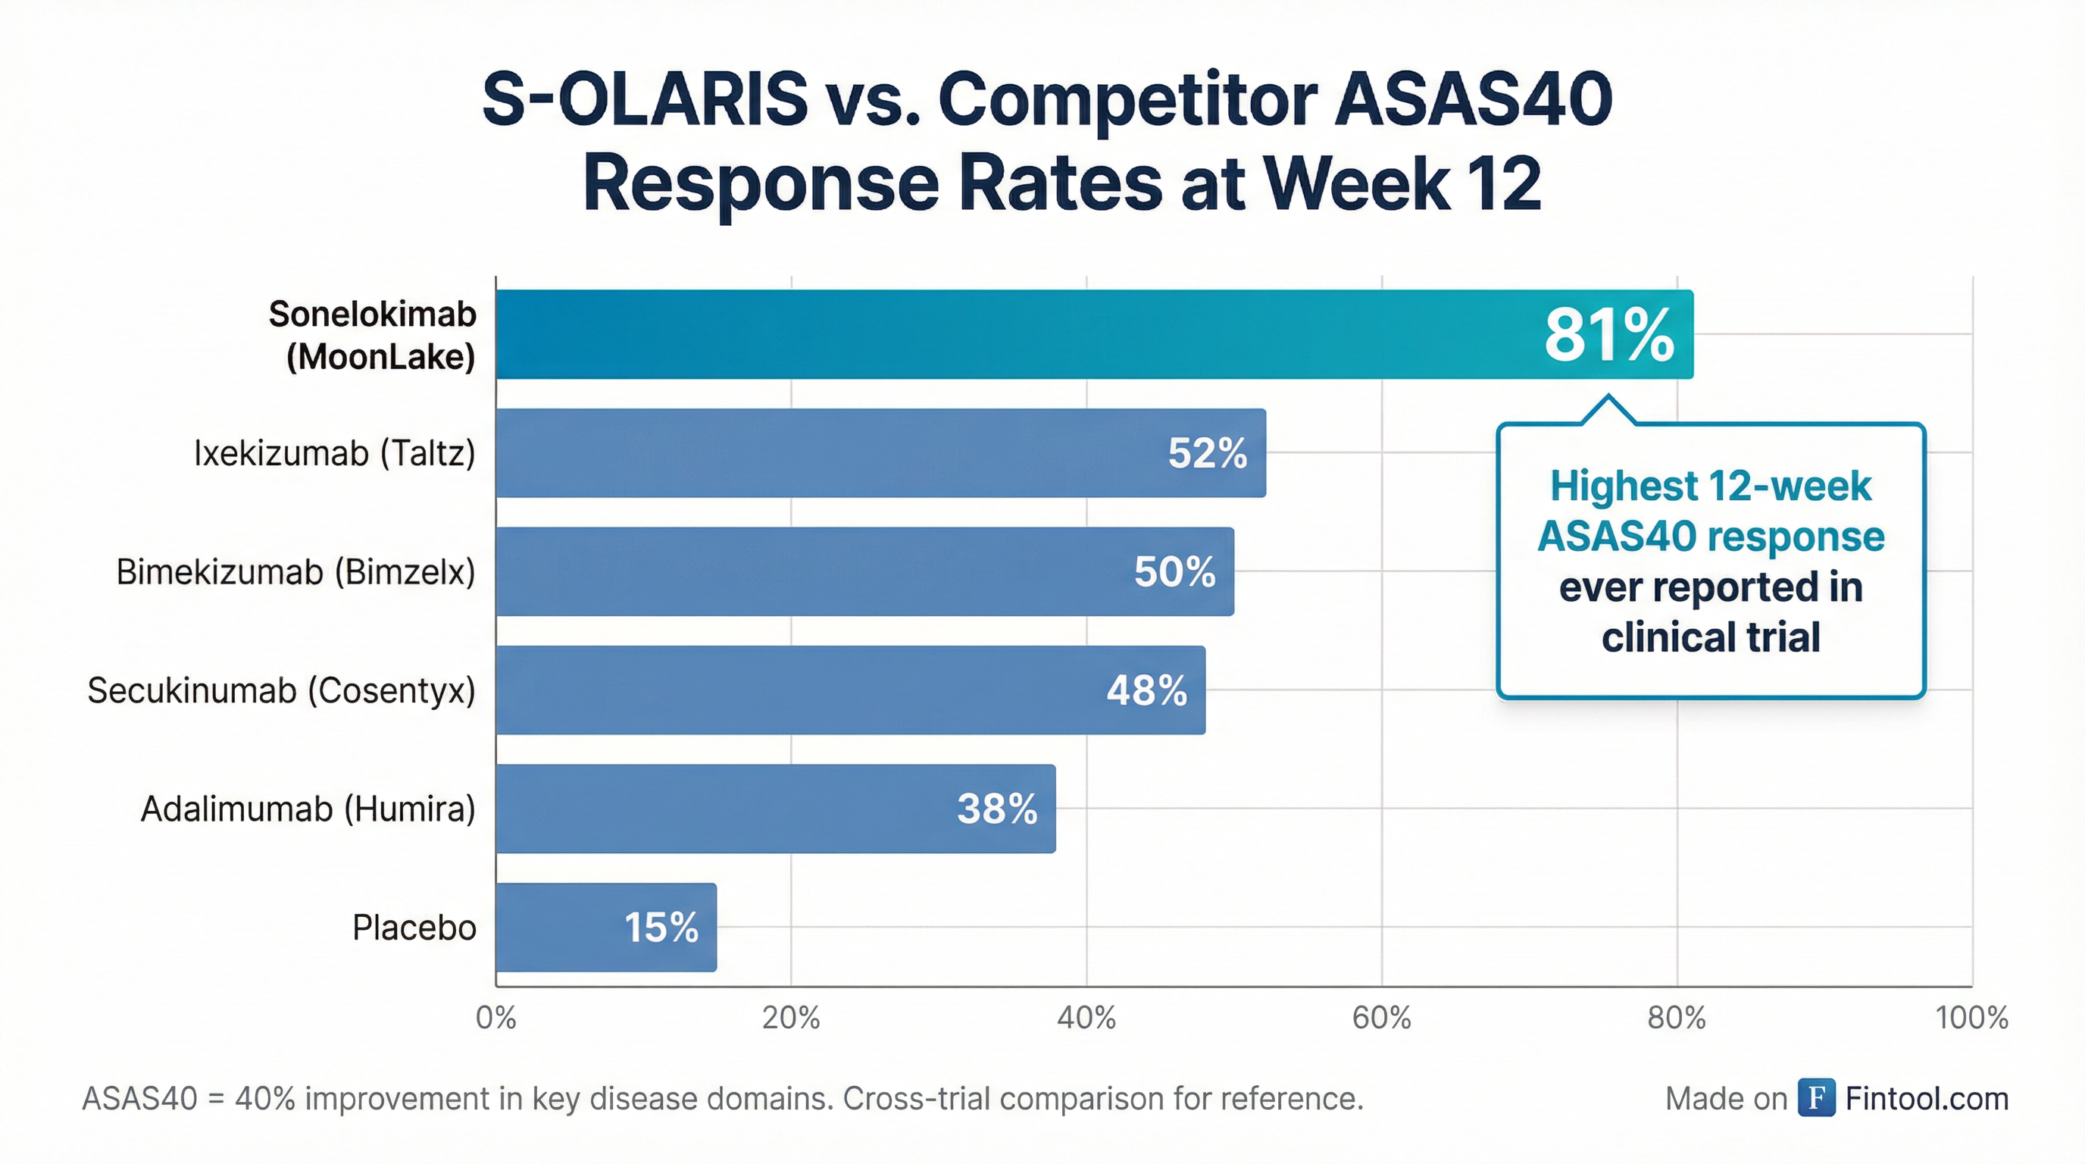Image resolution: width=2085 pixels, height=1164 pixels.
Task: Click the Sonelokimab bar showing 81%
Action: [1011, 334]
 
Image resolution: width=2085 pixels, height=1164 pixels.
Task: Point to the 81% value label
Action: [1608, 335]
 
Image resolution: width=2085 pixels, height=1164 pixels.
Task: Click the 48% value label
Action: [1146, 690]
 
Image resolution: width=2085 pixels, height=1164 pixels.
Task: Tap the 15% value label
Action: [661, 928]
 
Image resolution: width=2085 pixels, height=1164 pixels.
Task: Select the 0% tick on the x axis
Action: [496, 1018]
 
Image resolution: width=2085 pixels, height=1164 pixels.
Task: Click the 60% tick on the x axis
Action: [1382, 1018]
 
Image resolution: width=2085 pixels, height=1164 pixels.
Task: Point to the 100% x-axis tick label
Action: [1971, 1018]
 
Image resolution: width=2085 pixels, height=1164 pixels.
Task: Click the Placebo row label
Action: [414, 928]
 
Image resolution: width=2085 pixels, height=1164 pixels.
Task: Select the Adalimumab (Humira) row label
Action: [308, 809]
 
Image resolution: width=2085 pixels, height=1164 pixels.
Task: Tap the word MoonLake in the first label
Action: [380, 357]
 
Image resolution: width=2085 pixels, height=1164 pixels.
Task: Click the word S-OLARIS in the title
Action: [644, 99]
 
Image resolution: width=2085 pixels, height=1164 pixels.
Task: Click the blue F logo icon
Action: [1816, 1097]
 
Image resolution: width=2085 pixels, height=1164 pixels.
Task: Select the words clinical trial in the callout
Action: [1710, 637]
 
